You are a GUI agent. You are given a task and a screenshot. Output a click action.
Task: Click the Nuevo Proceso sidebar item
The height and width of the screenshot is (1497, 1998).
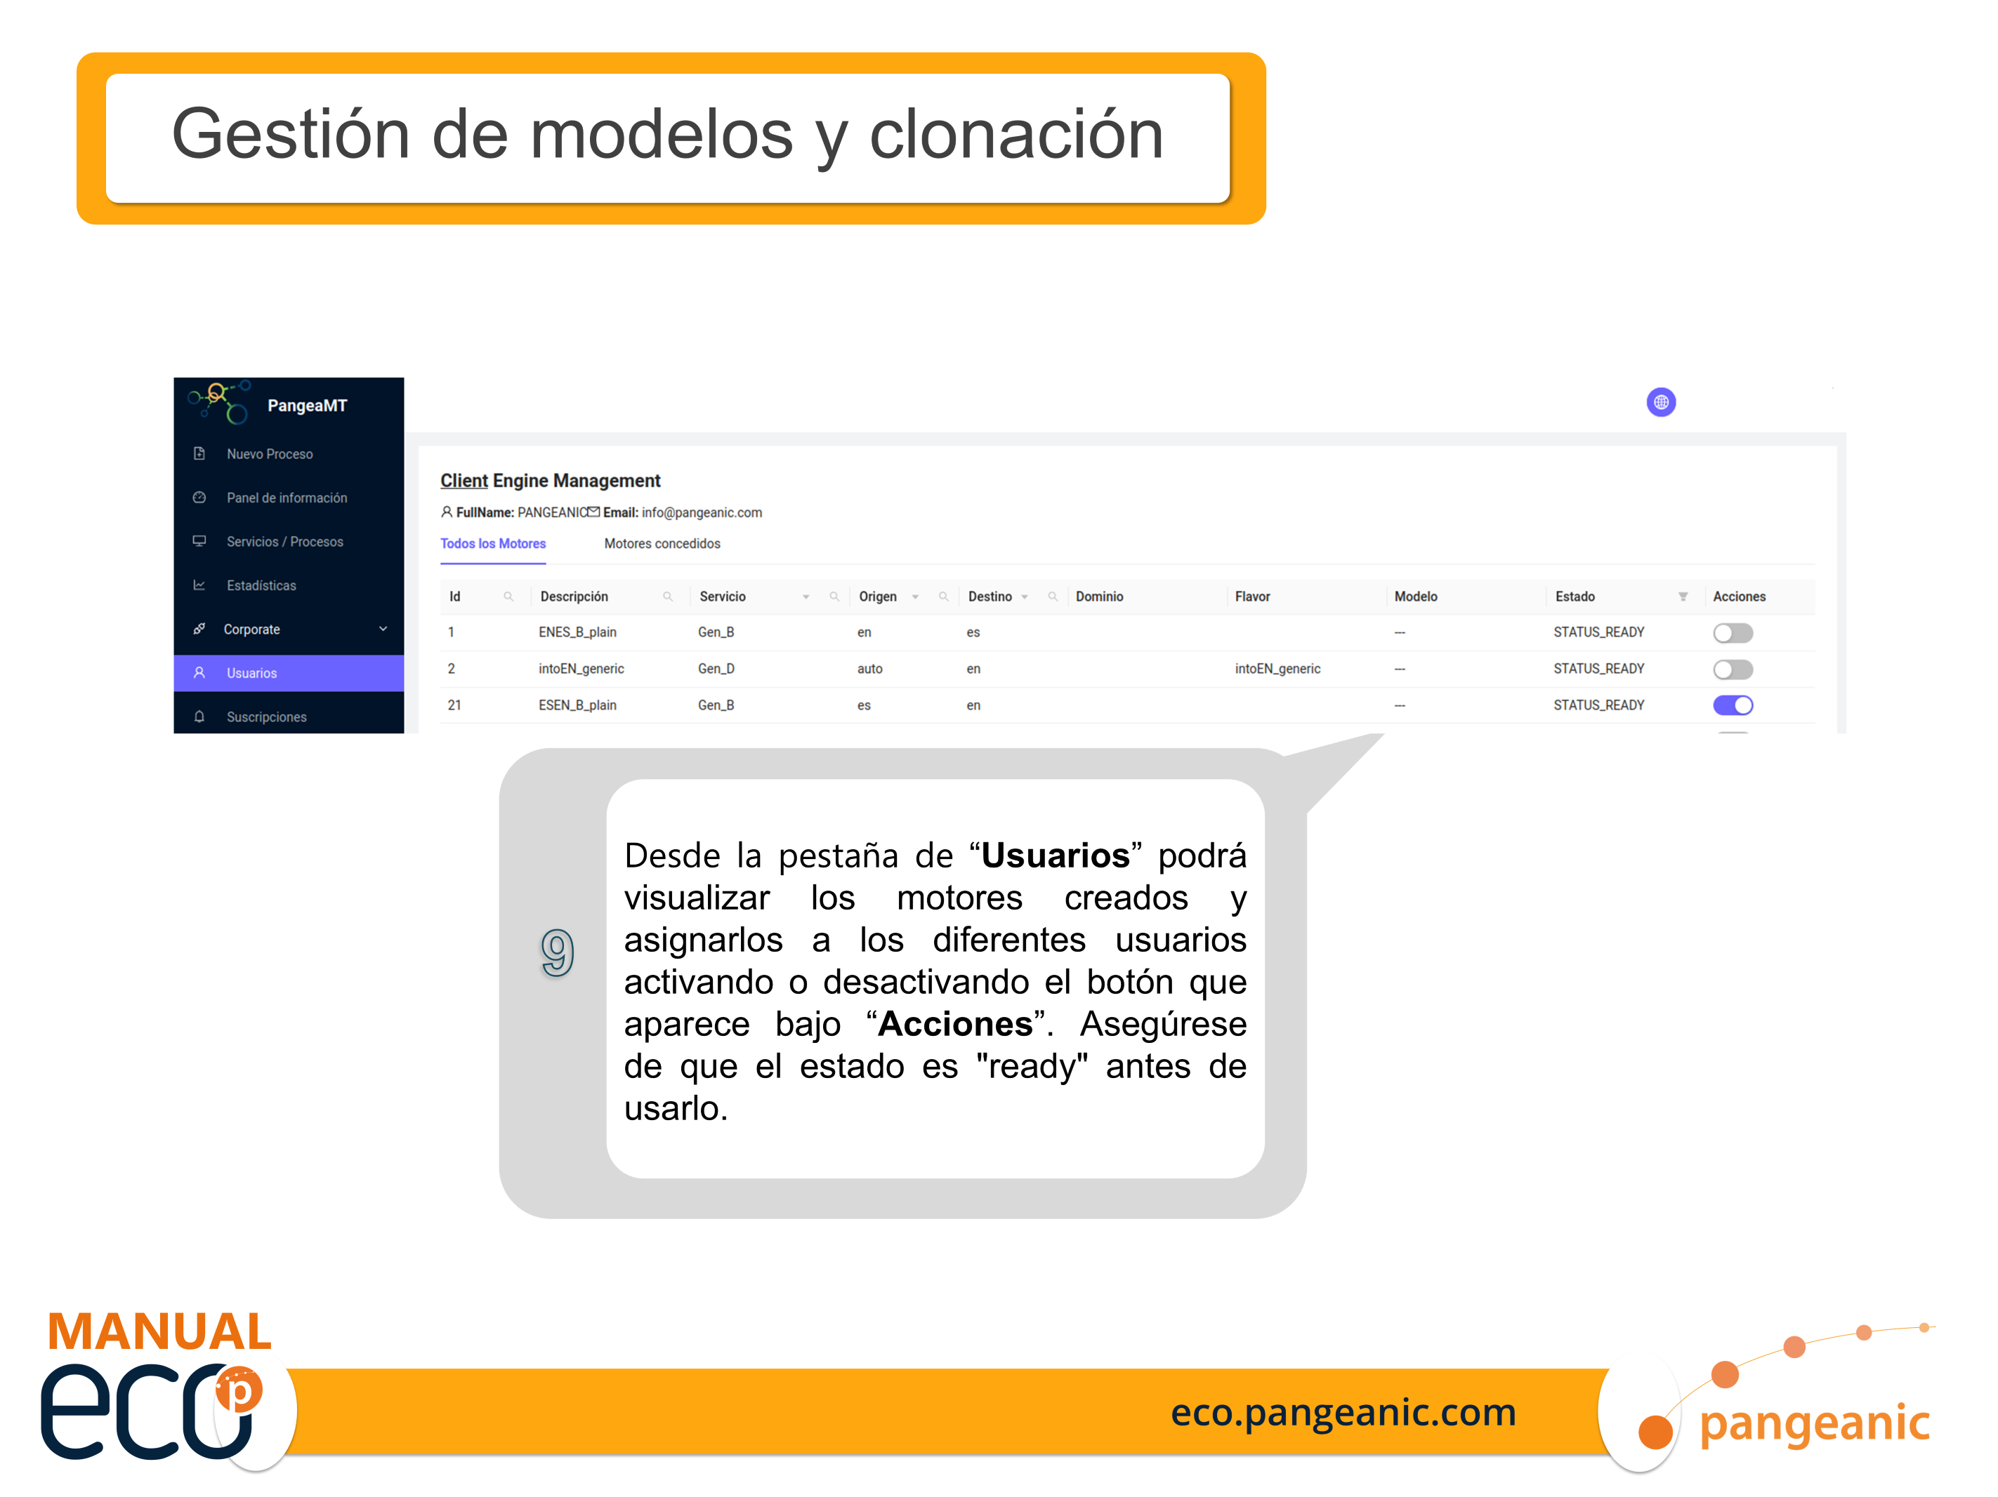[269, 454]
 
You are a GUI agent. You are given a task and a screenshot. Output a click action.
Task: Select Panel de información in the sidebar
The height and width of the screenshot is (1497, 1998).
[287, 498]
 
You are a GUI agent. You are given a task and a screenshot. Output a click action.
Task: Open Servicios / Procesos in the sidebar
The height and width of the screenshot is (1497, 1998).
[284, 542]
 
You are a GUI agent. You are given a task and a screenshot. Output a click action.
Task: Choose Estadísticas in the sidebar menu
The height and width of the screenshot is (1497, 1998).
[261, 585]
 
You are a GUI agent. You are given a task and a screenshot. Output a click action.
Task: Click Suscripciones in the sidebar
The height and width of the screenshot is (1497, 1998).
[266, 717]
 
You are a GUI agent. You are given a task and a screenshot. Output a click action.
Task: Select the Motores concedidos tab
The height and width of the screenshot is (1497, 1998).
[662, 543]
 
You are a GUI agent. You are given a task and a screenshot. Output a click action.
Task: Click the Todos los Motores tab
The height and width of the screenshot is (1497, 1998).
[493, 543]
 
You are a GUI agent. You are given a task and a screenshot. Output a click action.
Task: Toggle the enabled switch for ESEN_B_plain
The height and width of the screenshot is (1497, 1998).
[1733, 705]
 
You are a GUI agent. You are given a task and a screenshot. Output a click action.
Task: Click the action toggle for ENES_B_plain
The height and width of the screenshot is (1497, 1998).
[1733, 633]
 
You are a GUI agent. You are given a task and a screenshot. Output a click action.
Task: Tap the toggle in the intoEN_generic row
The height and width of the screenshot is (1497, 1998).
[1733, 669]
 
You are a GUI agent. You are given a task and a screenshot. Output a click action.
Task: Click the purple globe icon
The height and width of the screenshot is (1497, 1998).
[1660, 403]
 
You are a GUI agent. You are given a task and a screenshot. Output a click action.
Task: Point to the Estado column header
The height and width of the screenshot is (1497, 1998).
[1575, 597]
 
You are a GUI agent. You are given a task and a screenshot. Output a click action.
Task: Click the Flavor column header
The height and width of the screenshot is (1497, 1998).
[1252, 597]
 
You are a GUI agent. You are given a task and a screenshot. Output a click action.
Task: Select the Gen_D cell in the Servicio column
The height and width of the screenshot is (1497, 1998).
[716, 669]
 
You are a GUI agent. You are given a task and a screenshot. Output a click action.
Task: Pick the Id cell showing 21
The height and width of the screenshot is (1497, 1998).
[454, 705]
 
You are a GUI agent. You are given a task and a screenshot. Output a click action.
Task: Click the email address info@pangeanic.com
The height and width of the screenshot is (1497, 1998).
[702, 513]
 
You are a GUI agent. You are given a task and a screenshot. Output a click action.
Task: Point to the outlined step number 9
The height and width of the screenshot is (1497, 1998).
[558, 952]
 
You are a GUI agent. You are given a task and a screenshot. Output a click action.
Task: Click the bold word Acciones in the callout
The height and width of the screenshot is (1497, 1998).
[954, 1025]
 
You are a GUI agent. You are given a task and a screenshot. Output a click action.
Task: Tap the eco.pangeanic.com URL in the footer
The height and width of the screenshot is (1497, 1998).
[1343, 1412]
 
